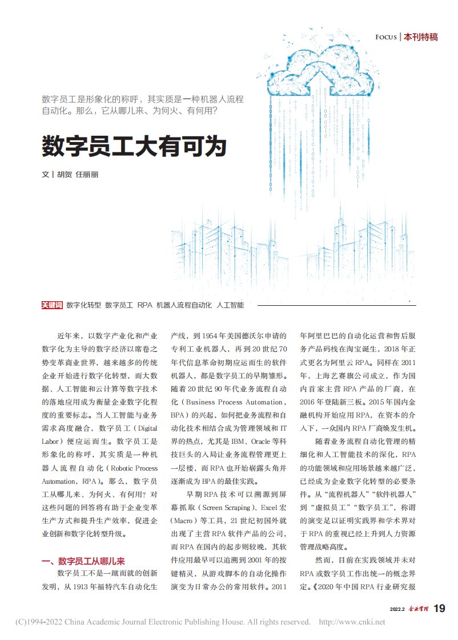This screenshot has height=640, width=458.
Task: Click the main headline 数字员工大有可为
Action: [134, 147]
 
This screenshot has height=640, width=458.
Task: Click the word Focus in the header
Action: [385, 37]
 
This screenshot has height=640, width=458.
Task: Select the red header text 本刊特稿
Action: [420, 37]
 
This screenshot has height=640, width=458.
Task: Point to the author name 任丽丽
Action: [87, 175]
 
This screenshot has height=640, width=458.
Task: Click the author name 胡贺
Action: [65, 175]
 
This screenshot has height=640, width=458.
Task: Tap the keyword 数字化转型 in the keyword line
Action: [83, 305]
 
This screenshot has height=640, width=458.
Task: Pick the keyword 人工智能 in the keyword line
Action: [230, 305]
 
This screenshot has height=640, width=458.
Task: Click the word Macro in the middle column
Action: [186, 521]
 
